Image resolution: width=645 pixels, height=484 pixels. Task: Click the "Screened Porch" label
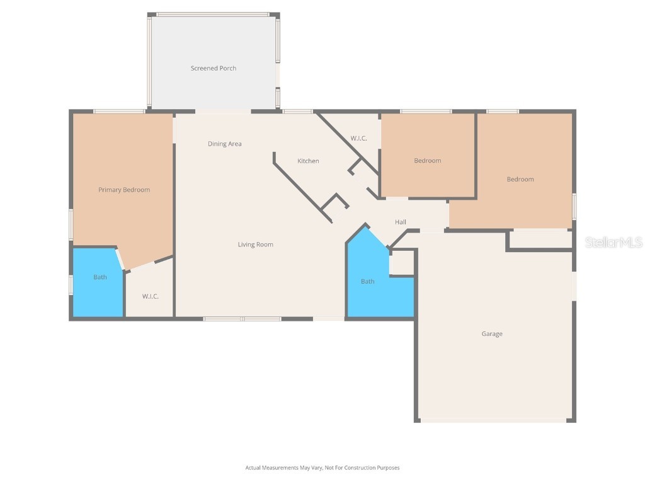click(214, 68)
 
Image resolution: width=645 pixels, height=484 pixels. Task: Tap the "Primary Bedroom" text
click(124, 190)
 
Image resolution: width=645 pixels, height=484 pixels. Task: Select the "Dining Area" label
click(225, 144)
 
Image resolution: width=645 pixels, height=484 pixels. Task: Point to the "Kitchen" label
click(308, 161)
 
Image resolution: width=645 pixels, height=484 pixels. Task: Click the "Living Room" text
click(255, 245)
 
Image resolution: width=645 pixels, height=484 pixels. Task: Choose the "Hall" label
click(400, 222)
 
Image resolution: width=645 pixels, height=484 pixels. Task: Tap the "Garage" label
click(492, 334)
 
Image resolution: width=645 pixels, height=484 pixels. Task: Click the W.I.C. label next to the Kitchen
click(358, 139)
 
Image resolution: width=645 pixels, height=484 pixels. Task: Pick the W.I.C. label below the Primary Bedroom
click(150, 296)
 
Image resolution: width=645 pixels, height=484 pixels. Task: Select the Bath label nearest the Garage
click(367, 281)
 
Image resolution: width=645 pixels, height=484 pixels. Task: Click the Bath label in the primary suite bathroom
click(100, 277)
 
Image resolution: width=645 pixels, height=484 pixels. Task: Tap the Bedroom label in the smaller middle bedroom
click(427, 161)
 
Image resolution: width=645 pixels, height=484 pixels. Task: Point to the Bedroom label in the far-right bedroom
click(520, 179)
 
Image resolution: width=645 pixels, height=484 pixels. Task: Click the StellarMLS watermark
click(613, 243)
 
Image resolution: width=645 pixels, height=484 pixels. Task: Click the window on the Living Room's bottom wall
click(243, 319)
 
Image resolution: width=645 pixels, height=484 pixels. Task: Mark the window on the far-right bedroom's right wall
click(574, 206)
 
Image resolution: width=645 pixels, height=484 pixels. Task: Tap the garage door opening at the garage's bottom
click(495, 420)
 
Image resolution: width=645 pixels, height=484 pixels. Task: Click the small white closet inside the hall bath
click(402, 264)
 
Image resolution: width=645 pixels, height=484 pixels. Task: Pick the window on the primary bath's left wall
click(71, 284)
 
